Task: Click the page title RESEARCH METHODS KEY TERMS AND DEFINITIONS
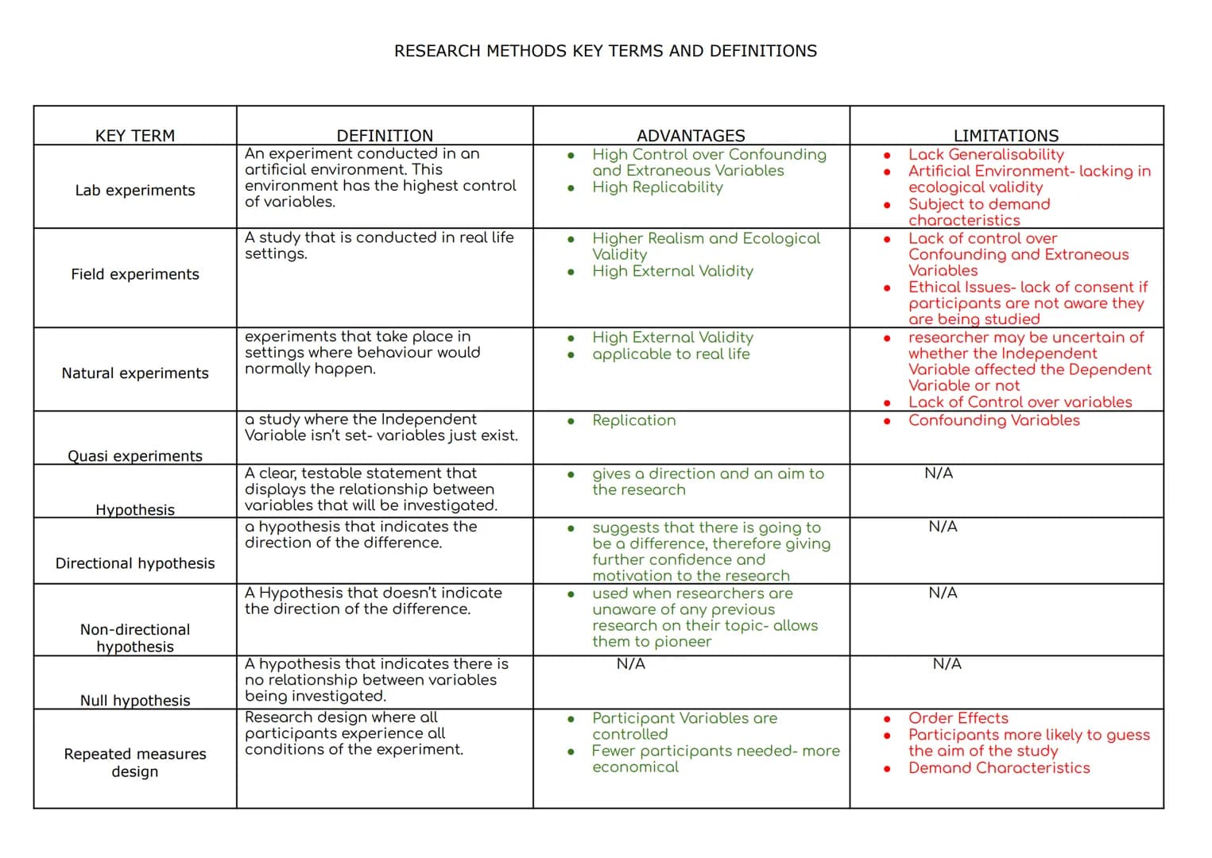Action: [605, 51]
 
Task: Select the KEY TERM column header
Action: [135, 136]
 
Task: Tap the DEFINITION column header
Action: [385, 136]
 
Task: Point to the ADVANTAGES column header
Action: [691, 136]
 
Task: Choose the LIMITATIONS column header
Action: [1006, 136]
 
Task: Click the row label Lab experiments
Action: [135, 191]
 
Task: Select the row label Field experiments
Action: [135, 274]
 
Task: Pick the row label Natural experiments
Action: [135, 373]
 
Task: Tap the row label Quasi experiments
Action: [135, 456]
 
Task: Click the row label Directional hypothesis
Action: [135, 563]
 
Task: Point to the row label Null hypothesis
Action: [135, 701]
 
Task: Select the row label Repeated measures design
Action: [135, 763]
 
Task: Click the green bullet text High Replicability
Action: [657, 187]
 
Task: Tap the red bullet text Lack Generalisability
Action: [985, 155]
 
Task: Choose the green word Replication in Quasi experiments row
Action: [633, 420]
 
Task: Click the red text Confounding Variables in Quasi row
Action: [993, 420]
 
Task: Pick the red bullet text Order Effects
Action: [958, 718]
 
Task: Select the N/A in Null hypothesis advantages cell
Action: [631, 663]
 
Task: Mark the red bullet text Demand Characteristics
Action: [999, 768]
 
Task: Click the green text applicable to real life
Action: [671, 354]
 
